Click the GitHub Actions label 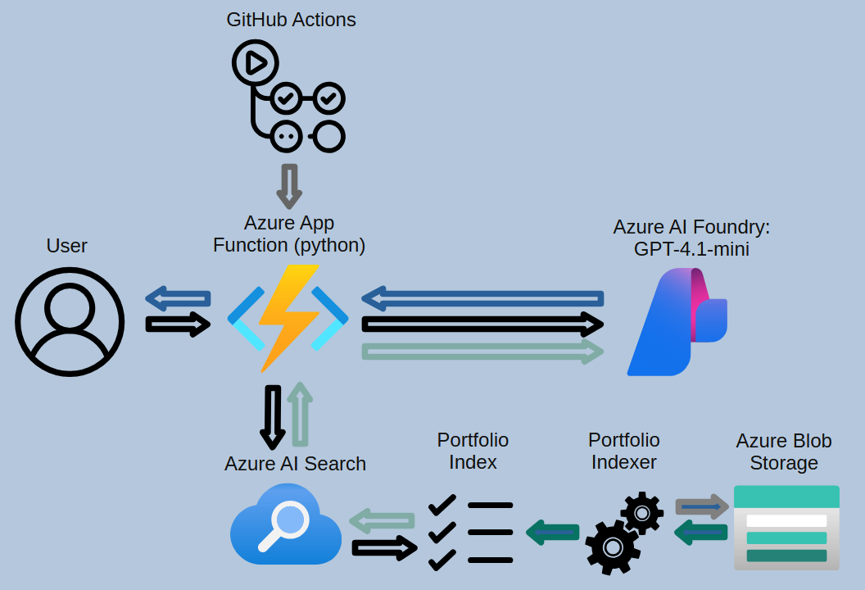[291, 20]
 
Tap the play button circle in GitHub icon [255, 62]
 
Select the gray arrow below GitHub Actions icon [289, 186]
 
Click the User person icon [70, 321]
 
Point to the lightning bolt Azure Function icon [288, 318]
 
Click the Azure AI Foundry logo [677, 322]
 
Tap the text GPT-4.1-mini [691, 249]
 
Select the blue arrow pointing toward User [178, 298]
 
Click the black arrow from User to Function [178, 324]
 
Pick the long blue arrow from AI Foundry [482, 298]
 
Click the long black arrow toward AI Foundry [482, 324]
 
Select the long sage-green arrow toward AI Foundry [482, 352]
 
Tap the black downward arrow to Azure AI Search [273, 423]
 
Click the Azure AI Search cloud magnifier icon [285, 525]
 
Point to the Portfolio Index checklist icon [471, 533]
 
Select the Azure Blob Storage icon [786, 527]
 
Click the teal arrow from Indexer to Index [553, 533]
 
